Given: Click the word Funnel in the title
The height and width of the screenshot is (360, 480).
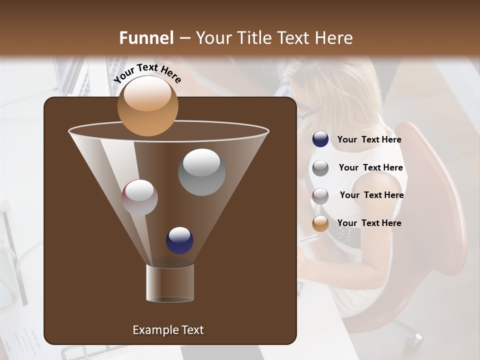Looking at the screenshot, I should click(146, 38).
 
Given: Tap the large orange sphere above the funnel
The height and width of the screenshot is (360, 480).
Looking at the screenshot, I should click(147, 105).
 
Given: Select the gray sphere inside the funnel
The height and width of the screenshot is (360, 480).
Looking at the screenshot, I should click(201, 172).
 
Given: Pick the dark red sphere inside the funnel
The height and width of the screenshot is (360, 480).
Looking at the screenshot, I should click(139, 197).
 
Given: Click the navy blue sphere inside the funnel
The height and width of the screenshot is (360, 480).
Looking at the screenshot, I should click(179, 240).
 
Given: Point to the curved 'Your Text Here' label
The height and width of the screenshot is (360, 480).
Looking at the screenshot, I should click(147, 73).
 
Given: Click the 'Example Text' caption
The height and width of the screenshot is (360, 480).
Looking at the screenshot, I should click(168, 330).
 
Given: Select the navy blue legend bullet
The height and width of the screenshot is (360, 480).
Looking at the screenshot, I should click(320, 139).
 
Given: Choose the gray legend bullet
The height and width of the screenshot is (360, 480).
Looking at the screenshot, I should click(320, 167).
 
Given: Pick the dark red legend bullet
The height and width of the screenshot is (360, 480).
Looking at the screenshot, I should click(320, 195).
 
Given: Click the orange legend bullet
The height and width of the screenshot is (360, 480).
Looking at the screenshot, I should click(320, 223).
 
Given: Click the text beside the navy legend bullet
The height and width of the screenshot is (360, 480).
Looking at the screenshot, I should click(369, 140).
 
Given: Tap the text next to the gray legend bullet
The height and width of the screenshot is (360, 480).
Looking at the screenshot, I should click(370, 168).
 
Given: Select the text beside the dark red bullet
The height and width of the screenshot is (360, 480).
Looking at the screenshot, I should click(371, 195).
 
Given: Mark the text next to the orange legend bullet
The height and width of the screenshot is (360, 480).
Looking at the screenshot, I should click(369, 223).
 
